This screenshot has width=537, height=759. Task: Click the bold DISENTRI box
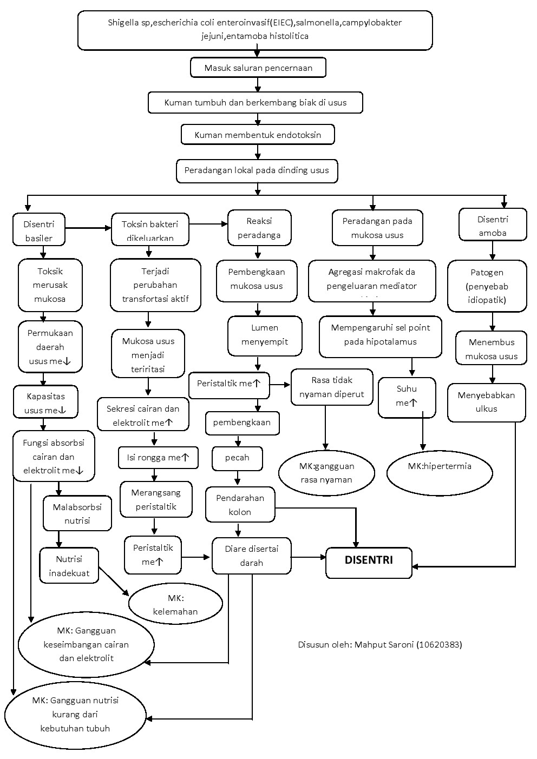click(x=369, y=563)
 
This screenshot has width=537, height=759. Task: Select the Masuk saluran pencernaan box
click(x=258, y=68)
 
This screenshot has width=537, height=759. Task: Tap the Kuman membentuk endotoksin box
click(x=258, y=135)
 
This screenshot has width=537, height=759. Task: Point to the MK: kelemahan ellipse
click(x=175, y=605)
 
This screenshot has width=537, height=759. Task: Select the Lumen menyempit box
click(x=265, y=335)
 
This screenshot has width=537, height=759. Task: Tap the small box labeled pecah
click(x=237, y=458)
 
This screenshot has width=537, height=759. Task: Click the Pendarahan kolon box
click(x=240, y=505)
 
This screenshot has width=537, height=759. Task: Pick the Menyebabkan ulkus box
click(x=486, y=402)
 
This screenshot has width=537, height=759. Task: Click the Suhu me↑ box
click(x=407, y=397)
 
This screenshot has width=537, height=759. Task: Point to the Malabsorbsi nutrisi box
click(x=77, y=514)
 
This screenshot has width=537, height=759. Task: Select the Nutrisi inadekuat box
click(x=69, y=566)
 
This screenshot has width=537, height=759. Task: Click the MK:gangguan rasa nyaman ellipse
click(x=326, y=473)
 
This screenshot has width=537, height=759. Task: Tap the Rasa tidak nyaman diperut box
click(x=332, y=387)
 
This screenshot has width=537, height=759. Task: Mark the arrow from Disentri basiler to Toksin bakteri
click(x=88, y=228)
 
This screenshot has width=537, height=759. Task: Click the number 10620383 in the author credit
click(x=439, y=644)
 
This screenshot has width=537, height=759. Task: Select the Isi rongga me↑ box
click(x=158, y=457)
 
